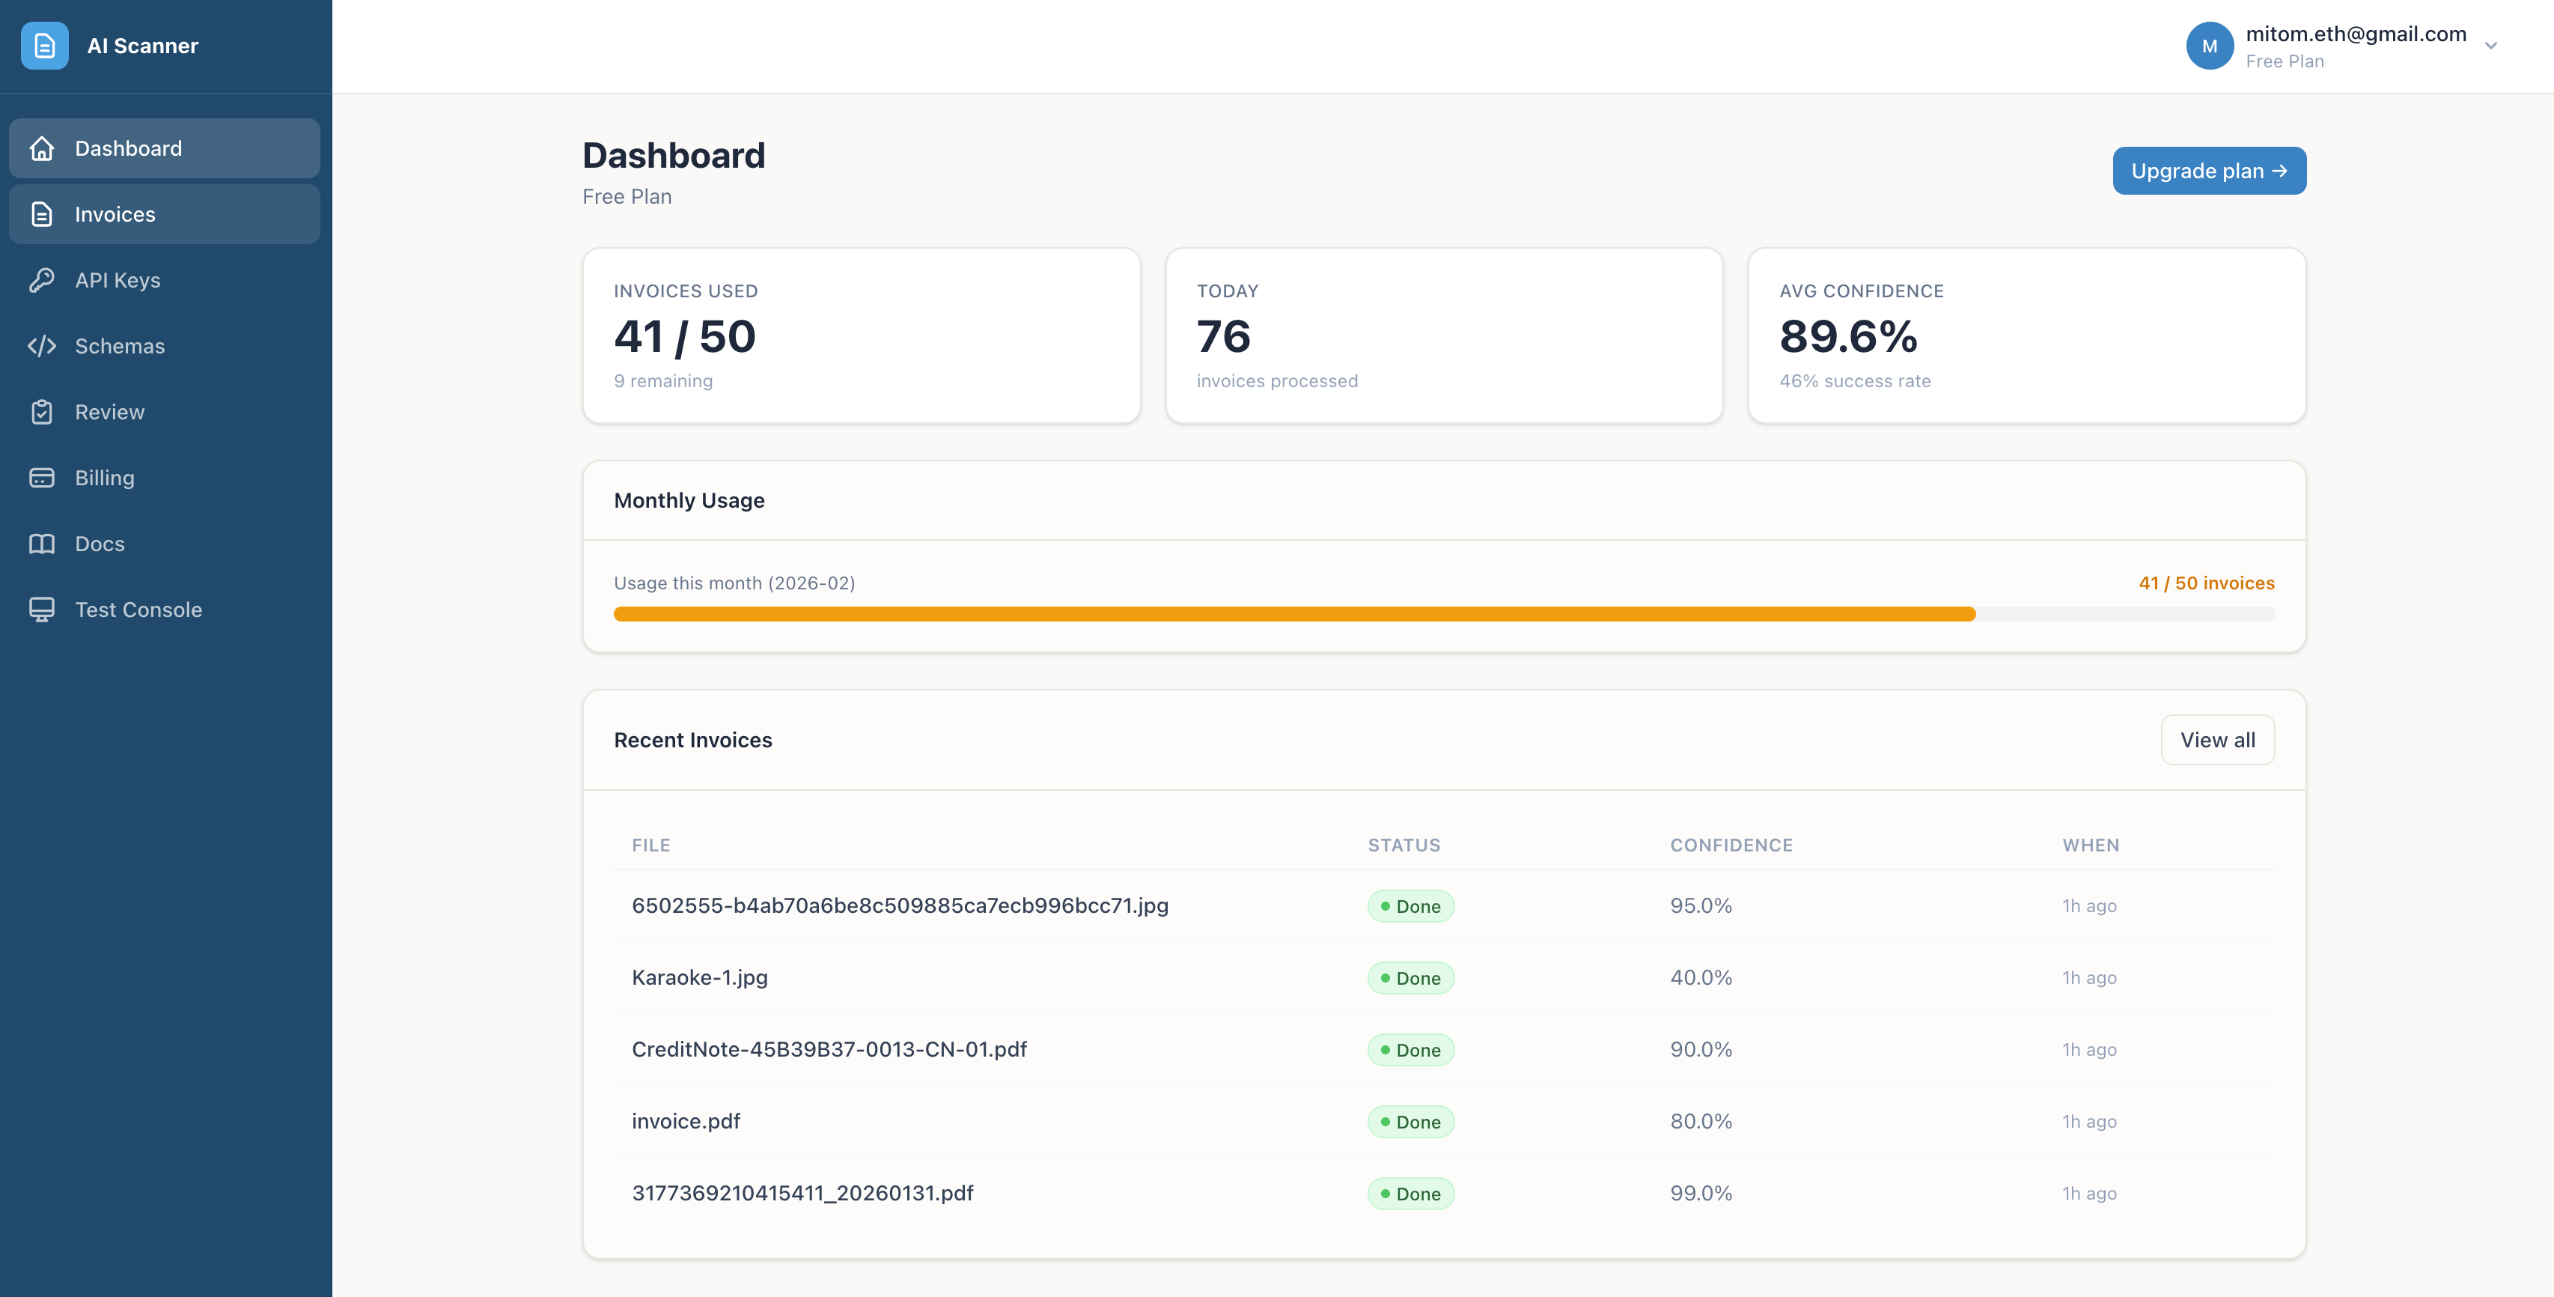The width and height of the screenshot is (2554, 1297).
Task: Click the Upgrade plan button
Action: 2208,171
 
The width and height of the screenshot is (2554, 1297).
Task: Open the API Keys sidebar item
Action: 117,281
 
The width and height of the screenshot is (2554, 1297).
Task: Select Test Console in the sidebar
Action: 138,610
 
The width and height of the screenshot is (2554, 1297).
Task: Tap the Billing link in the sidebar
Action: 104,478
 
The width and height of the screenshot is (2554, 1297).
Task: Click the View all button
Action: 2217,740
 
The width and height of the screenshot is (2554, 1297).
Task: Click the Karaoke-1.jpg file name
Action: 699,978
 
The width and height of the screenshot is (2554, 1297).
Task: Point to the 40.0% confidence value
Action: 1701,978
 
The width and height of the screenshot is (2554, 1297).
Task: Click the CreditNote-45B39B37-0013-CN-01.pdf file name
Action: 829,1049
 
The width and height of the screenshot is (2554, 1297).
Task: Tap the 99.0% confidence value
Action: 1701,1193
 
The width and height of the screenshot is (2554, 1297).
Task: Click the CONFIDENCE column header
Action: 1731,845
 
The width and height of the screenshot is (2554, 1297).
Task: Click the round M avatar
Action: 2209,46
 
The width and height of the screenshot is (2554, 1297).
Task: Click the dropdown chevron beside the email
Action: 2490,46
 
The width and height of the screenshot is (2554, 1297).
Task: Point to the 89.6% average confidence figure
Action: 1848,336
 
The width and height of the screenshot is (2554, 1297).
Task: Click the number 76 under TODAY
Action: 1222,336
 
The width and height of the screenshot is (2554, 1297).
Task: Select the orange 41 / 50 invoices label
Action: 2206,583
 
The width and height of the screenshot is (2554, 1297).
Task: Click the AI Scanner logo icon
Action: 45,46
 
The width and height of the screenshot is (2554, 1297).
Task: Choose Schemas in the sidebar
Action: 119,346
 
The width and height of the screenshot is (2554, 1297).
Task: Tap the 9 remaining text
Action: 662,380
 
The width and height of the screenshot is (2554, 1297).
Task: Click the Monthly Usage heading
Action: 689,501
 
